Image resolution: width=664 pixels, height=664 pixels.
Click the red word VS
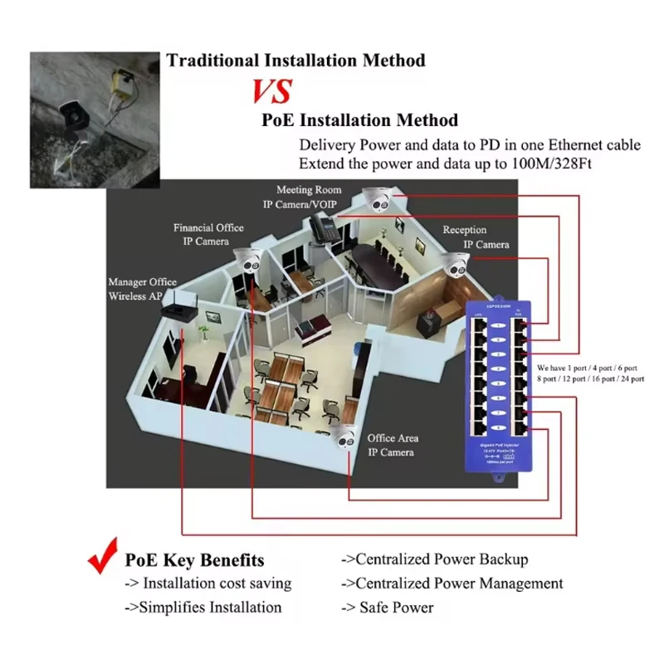[x=271, y=90]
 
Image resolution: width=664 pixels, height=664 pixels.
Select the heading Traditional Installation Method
[x=295, y=60]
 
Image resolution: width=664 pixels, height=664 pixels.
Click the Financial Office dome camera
[x=247, y=260]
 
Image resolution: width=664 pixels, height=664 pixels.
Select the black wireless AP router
[x=177, y=309]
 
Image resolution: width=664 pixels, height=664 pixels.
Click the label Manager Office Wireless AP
[x=142, y=290]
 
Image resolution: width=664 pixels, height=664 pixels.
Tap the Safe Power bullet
[x=388, y=608]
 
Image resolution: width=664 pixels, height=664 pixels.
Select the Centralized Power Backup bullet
[x=435, y=559]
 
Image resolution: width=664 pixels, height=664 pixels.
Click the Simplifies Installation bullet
[x=203, y=608]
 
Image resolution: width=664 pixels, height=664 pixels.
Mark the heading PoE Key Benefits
[x=194, y=560]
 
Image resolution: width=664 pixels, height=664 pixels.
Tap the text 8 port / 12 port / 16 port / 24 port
[x=589, y=378]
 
